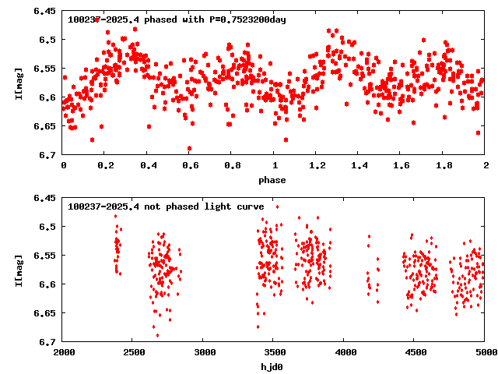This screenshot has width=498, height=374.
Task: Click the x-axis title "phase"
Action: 272,180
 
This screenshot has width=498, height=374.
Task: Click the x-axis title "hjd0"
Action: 272,366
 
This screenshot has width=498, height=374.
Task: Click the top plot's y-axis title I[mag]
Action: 18,83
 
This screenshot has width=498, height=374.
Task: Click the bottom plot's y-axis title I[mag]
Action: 18,270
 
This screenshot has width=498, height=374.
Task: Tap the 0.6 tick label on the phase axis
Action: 189,166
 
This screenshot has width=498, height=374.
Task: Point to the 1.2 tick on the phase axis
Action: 316,166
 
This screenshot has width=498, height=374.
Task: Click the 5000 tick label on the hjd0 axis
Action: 483,352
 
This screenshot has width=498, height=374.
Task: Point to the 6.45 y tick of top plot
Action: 44,12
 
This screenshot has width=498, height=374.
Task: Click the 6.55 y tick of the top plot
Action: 44,69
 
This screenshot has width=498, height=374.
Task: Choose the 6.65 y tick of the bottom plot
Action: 44,312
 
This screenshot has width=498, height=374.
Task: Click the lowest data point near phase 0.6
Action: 189,148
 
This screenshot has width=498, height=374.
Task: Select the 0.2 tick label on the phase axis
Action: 105,166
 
